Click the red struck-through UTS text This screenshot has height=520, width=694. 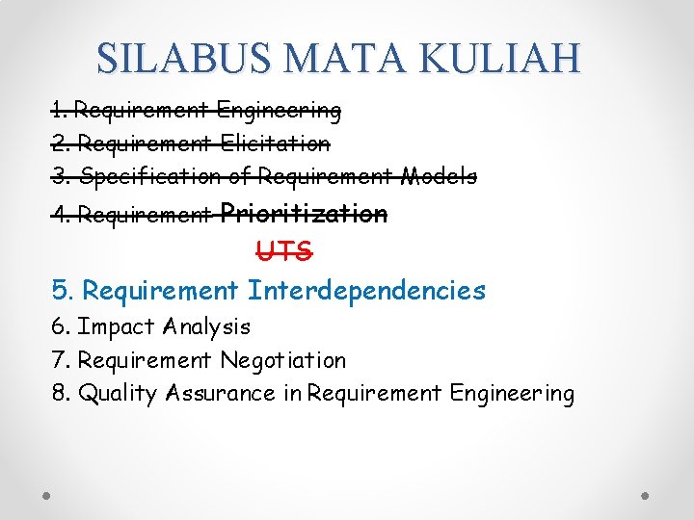pos(284,251)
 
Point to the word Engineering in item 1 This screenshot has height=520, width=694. pos(279,111)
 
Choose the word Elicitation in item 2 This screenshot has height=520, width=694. pos(276,143)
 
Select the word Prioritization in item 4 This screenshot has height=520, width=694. pos(305,213)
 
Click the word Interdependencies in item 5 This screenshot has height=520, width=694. pos(366,290)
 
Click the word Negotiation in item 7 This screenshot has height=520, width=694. pos(282,361)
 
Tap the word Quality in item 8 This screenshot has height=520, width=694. pos(118,394)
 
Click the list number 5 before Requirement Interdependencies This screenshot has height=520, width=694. pos(62,290)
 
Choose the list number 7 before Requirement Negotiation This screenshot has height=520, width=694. pos(59,361)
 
